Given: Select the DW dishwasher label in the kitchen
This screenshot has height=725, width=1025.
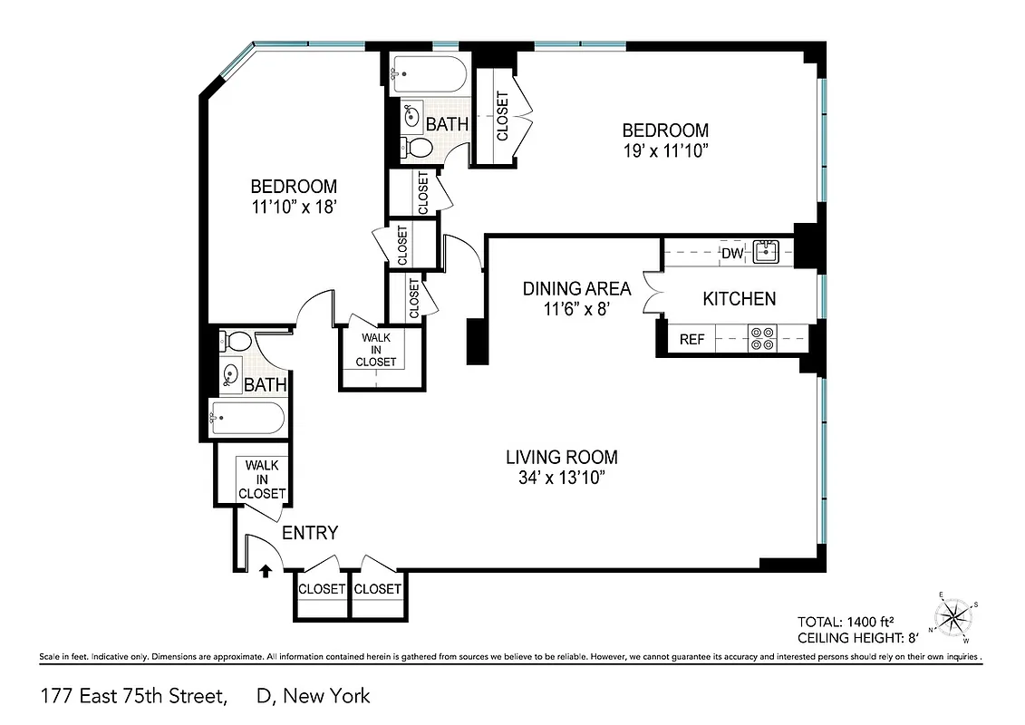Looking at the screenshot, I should click(732, 253).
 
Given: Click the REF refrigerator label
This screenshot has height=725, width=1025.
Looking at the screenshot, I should click(692, 340).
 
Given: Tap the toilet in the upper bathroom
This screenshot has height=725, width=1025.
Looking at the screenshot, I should click(418, 148).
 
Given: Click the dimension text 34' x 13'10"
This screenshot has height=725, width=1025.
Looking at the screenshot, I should click(562, 478).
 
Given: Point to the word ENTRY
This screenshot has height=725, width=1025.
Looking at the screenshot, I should click(310, 533).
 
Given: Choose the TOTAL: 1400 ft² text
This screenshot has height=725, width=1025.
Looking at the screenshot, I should click(846, 622).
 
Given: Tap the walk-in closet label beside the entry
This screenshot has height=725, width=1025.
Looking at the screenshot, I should click(262, 479).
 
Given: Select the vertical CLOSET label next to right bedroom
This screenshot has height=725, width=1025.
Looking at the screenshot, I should click(502, 117).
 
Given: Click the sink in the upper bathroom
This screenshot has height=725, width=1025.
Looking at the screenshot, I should click(412, 115).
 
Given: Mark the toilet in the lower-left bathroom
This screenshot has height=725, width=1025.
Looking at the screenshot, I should click(237, 342).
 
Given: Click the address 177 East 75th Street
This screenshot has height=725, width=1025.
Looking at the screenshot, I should click(132, 696).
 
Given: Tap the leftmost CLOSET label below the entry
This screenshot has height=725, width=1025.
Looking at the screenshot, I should click(322, 589).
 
